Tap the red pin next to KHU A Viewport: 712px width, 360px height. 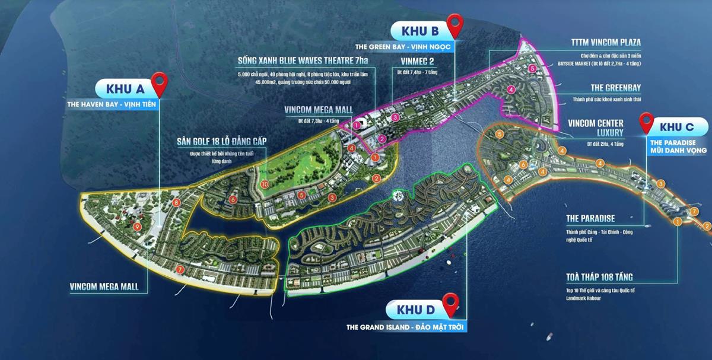tap(159, 84)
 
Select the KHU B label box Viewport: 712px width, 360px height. tap(420, 30)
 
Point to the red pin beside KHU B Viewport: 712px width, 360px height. tap(455, 25)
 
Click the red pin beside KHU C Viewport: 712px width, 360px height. tap(646, 123)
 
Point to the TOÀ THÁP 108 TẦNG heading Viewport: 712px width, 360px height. tap(599, 277)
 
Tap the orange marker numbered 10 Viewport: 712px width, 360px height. tap(265, 184)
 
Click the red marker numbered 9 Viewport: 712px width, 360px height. tap(137, 226)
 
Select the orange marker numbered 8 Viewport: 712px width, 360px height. tap(176, 203)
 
